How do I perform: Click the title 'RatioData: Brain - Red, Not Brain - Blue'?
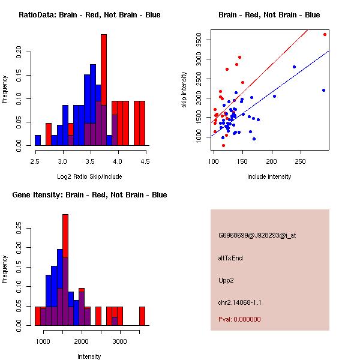[x=89, y=15]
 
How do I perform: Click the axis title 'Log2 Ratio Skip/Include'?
[x=89, y=176]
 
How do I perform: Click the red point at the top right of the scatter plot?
[x=325, y=34]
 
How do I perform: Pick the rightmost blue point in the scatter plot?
[x=323, y=90]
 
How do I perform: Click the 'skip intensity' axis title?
[x=185, y=90]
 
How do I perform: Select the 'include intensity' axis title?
[x=269, y=176]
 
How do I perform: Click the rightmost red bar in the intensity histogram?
[x=142, y=316]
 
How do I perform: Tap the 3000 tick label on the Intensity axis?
[x=120, y=342]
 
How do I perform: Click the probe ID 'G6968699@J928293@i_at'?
[x=257, y=235]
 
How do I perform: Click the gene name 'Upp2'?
[x=226, y=280]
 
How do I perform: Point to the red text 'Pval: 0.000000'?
[x=239, y=319]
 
